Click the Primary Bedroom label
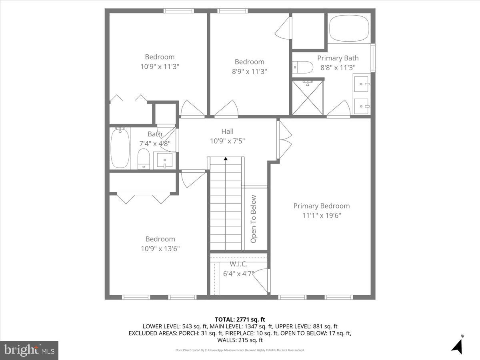pos(321,206)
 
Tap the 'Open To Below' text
pos(254,219)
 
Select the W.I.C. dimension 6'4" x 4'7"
pos(238,274)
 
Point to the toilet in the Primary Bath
pos(303,68)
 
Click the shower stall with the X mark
pos(307,98)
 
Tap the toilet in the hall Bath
pos(143,159)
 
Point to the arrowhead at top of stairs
pos(226,159)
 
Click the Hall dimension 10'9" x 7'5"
pos(227,141)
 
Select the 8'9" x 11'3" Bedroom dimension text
pos(249,72)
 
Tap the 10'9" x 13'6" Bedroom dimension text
pos(160,249)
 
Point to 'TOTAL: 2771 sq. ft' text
pos(240,319)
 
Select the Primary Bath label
pos(338,58)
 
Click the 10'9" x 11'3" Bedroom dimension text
pos(160,67)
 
